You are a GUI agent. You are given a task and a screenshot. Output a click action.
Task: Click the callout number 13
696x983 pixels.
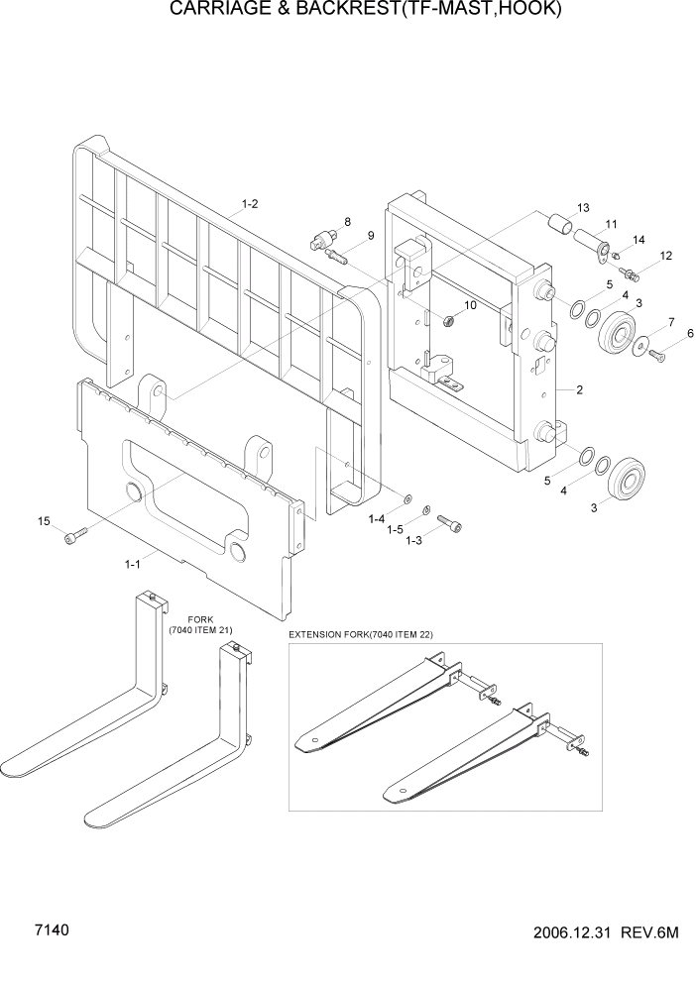point(582,208)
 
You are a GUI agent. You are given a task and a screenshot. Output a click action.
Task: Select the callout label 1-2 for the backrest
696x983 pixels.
point(250,204)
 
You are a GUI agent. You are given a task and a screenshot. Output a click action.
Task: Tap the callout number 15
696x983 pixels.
point(44,521)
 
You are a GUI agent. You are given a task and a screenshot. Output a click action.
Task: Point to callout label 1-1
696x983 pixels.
point(131,564)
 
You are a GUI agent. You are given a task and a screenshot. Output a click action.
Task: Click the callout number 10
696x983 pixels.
point(470,305)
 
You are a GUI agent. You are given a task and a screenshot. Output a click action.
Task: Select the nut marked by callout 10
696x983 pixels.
point(449,320)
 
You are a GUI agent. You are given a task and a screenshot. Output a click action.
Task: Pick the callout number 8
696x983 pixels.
point(347,221)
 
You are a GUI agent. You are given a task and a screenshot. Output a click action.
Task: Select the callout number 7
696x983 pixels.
point(670,322)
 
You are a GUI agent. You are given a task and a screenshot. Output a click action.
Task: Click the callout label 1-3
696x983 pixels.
point(414,540)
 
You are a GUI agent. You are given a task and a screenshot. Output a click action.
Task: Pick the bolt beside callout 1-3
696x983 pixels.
point(449,521)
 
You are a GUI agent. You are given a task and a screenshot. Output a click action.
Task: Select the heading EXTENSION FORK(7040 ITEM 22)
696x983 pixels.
point(361,634)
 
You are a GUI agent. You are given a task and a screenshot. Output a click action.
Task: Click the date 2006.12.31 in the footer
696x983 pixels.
point(571,934)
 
